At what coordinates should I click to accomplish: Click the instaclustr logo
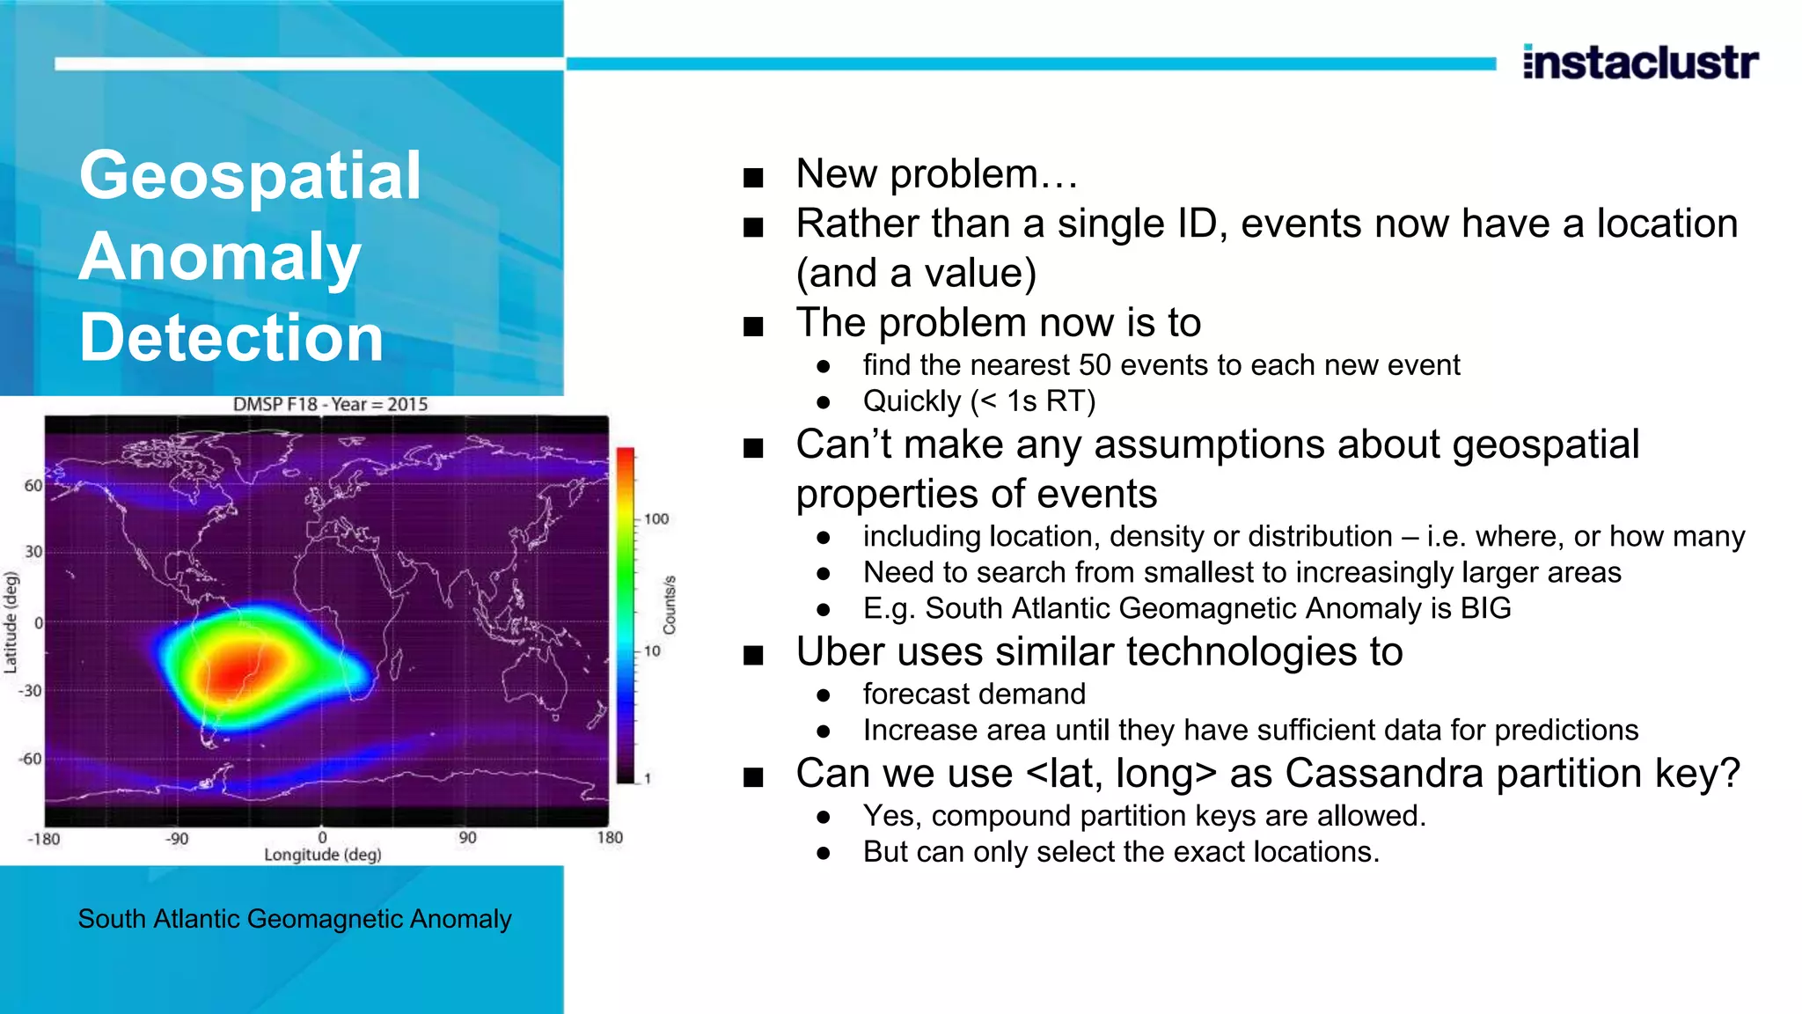[x=1640, y=62]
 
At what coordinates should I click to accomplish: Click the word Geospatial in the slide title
[x=250, y=175]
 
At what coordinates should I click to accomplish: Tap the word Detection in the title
[x=231, y=337]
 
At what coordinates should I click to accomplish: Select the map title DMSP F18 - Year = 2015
[x=330, y=404]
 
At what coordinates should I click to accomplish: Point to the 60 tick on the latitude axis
[x=33, y=486]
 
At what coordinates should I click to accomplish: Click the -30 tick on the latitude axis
[x=30, y=691]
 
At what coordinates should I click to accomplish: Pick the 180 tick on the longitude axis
[x=609, y=838]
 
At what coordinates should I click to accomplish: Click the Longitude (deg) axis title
[x=322, y=855]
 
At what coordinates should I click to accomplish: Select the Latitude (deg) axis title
[x=11, y=622]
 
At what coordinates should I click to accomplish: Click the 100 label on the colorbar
[x=656, y=519]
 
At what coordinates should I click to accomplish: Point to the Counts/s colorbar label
[x=670, y=605]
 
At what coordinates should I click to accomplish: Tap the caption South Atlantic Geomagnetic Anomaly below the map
[x=294, y=919]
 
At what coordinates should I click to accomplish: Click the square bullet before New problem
[x=753, y=178]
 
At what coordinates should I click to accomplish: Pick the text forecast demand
[x=973, y=694]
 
